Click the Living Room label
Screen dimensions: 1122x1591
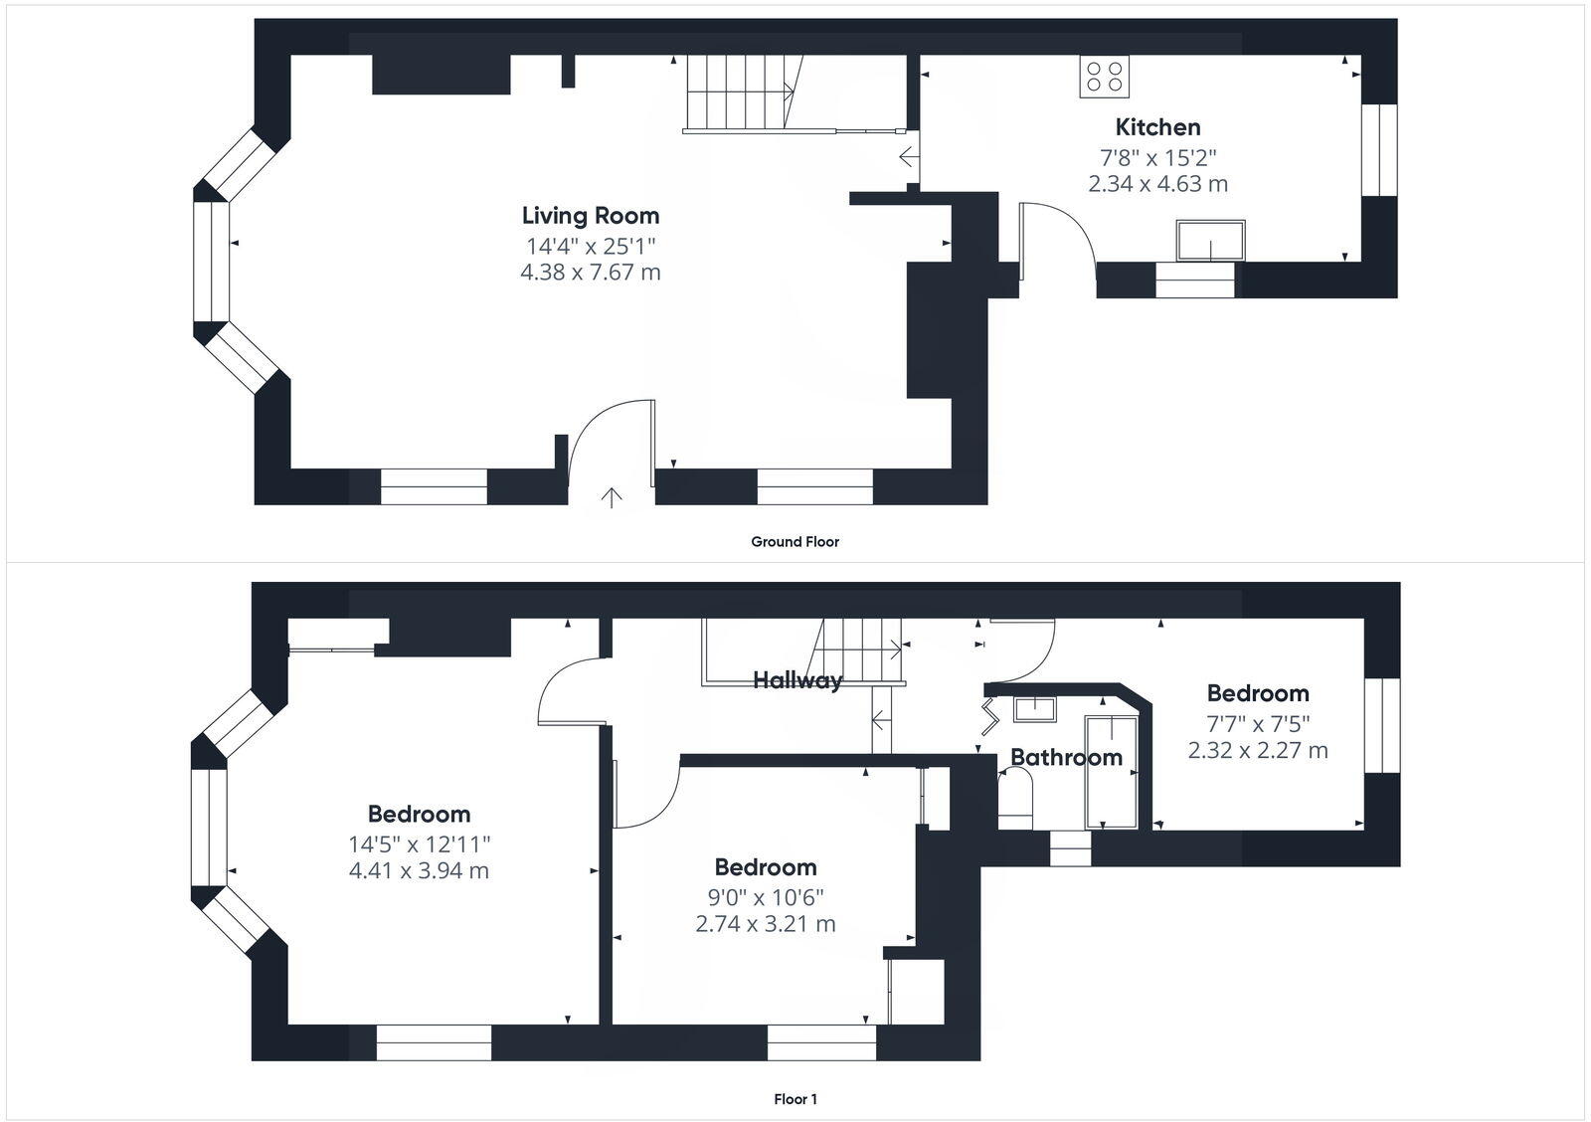tap(591, 215)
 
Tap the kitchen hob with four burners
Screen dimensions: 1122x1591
tap(1104, 77)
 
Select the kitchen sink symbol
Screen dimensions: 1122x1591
tap(1210, 240)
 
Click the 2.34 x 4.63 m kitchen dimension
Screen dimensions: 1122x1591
tap(1157, 184)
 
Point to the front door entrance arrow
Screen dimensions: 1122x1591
tap(612, 496)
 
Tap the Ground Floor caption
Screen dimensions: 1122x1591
tap(795, 542)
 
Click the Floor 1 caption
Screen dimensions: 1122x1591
tap(795, 1099)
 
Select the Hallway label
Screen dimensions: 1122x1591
tap(796, 680)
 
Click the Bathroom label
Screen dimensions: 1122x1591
tap(1066, 757)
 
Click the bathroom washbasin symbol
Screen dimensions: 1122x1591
tap(1034, 708)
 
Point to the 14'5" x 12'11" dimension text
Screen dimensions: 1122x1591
tap(419, 844)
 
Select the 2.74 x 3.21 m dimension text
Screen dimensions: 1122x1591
tap(765, 924)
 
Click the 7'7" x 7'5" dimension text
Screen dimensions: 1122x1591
tap(1257, 723)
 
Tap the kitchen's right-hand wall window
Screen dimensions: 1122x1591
tap(1379, 150)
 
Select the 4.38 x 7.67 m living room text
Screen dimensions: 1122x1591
tap(590, 272)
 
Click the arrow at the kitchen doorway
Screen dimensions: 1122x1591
tap(908, 157)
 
